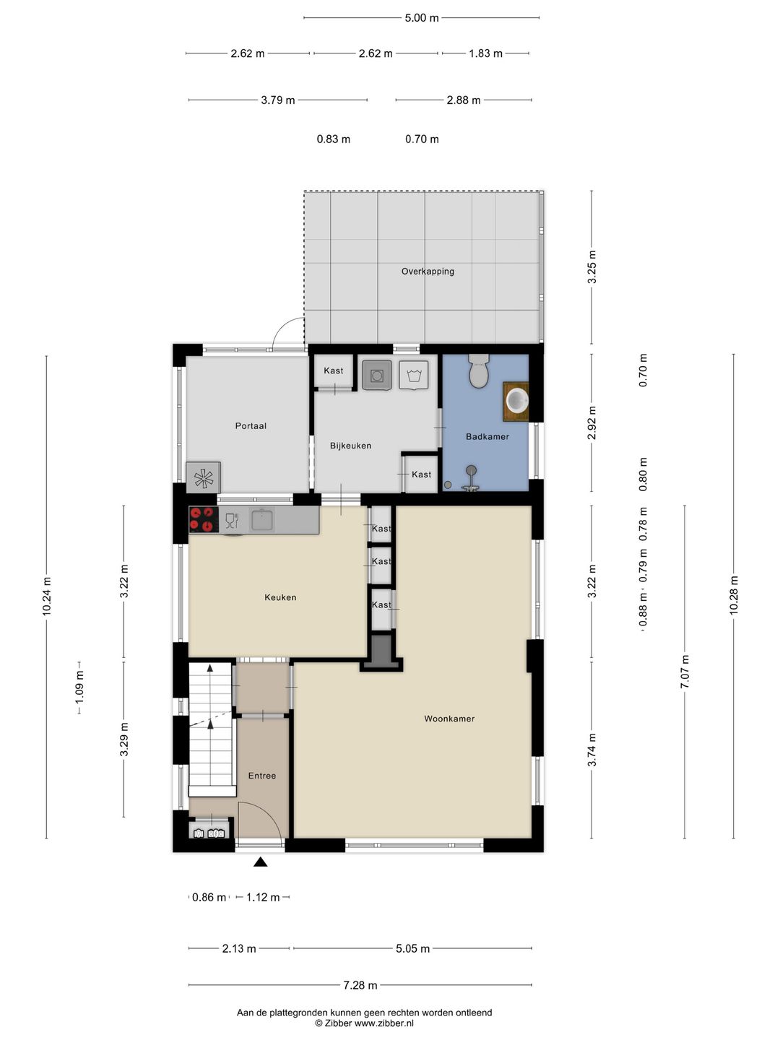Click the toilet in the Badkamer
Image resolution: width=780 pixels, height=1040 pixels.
(x=479, y=370)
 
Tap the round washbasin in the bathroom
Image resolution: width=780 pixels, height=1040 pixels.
(x=517, y=401)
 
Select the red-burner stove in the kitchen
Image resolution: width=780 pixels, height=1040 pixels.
(x=204, y=519)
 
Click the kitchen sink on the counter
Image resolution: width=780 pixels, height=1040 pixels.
(x=262, y=519)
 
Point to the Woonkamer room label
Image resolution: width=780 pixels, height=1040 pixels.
(x=449, y=719)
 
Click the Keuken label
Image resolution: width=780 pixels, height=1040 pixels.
(x=280, y=597)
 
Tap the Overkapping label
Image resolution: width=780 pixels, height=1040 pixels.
(x=428, y=272)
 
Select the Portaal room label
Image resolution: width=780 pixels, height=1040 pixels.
(x=251, y=425)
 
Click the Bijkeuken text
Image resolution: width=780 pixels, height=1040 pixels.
(x=350, y=446)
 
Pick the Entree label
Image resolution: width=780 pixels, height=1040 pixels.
(x=262, y=775)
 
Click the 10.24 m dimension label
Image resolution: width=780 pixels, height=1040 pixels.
(x=46, y=596)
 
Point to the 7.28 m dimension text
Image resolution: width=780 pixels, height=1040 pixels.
(x=360, y=985)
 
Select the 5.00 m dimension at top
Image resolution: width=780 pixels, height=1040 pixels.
(x=422, y=18)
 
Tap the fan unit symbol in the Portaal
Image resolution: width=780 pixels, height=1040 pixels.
(x=204, y=477)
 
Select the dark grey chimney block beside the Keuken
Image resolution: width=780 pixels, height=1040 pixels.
(x=381, y=652)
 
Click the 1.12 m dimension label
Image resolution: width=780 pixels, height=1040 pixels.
(x=263, y=897)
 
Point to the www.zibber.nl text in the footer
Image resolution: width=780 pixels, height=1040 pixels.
(x=384, y=1023)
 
